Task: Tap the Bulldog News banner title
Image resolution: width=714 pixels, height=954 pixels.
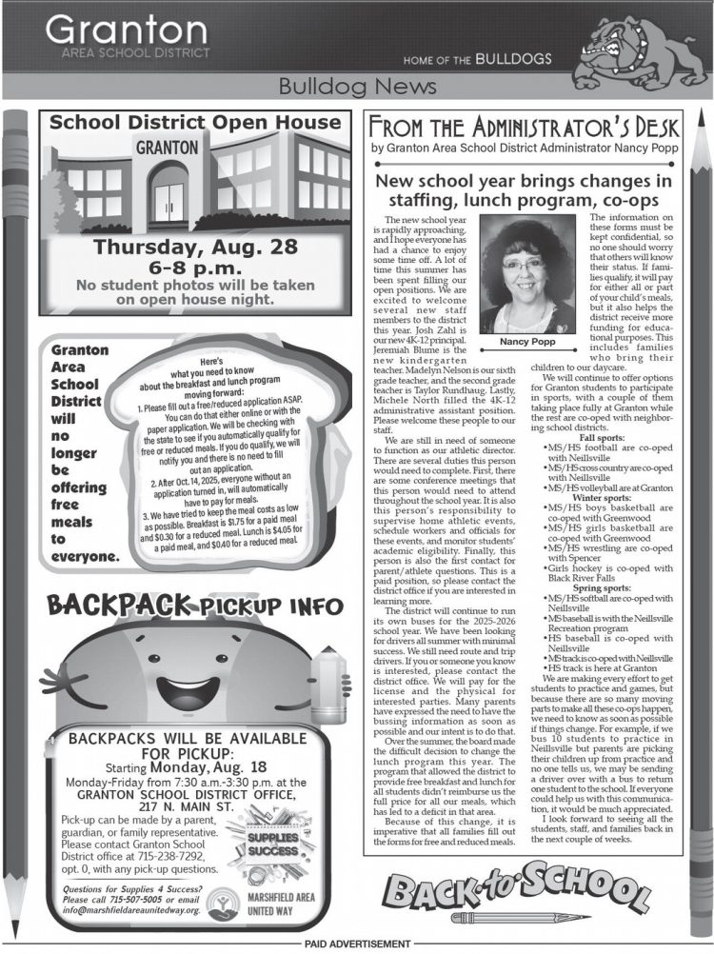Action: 356,88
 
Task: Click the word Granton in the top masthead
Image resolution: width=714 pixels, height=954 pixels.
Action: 125,30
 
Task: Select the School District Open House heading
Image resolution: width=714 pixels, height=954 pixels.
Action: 194,123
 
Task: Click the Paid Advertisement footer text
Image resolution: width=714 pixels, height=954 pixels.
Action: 356,944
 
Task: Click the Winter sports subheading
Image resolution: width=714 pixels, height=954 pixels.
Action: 599,497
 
